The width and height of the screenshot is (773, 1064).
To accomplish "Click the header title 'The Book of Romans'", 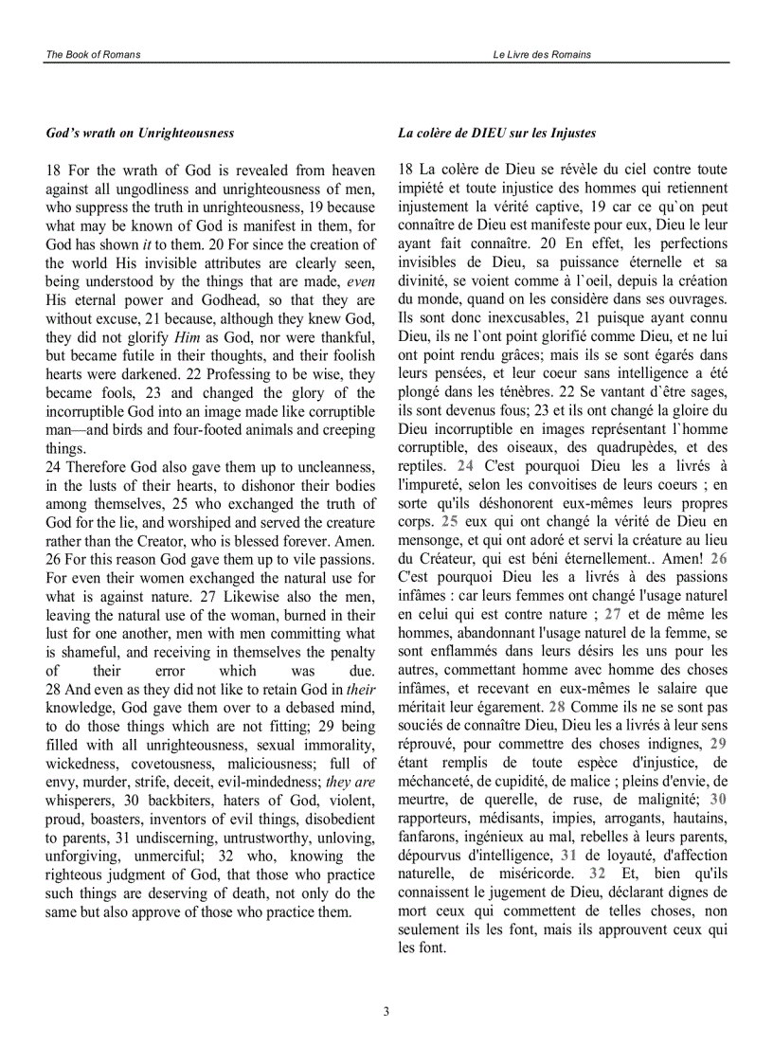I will tap(93, 55).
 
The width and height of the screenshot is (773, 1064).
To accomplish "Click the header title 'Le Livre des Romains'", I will tap(542, 55).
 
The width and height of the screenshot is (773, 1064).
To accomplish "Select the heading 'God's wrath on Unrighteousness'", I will tap(140, 134).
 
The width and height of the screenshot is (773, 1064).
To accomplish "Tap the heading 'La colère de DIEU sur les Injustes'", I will tap(496, 134).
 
